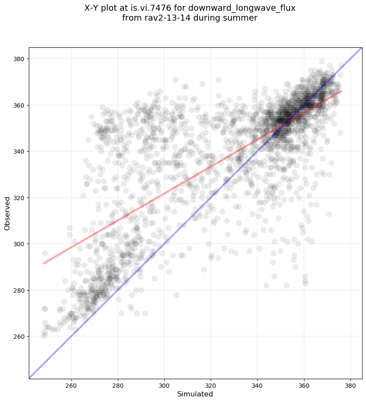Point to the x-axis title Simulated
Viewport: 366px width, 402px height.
(x=195, y=394)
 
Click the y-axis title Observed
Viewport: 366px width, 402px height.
(x=7, y=213)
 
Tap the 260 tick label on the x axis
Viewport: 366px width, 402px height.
(x=71, y=384)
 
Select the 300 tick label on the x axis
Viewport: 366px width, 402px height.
(x=164, y=384)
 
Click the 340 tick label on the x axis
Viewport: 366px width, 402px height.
(x=257, y=384)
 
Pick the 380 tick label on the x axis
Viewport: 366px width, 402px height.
(x=350, y=384)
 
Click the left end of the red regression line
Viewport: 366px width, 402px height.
(x=43, y=263)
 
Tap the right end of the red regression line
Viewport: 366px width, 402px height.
(x=341, y=91)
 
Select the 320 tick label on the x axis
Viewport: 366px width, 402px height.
(x=211, y=384)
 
